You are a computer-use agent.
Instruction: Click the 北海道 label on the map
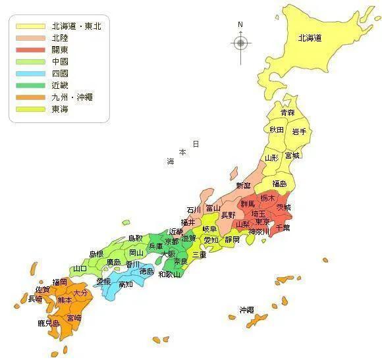point(309,38)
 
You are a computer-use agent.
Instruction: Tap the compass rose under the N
point(240,43)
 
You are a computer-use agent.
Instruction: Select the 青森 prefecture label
point(288,113)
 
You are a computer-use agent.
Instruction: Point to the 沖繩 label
point(246,309)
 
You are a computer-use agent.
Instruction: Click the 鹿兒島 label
point(49,323)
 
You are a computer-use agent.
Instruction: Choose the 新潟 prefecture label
point(244,186)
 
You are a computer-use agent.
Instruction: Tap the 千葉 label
point(283,227)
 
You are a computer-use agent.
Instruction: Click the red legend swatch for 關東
point(30,50)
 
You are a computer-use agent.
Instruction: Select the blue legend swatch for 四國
point(30,74)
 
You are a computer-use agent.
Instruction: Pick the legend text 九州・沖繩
point(72,97)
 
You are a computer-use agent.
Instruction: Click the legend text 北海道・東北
point(76,26)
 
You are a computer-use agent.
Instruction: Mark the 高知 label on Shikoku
point(126,284)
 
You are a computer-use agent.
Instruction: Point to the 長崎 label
point(36,299)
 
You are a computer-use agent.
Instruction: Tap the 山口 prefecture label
point(80,269)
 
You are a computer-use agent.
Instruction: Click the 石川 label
point(194,210)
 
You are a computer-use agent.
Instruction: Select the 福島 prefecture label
point(279,184)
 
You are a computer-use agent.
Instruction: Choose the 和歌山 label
point(170,274)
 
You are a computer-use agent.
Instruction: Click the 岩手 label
point(299,132)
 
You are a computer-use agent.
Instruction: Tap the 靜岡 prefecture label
point(232,240)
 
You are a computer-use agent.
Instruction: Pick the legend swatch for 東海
point(30,109)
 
